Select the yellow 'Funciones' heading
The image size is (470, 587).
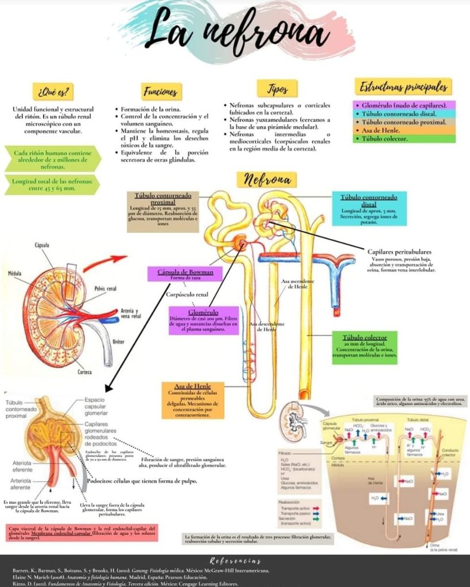pos(160,91)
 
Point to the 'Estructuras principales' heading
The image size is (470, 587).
pos(403,88)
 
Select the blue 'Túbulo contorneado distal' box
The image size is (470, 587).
pos(370,209)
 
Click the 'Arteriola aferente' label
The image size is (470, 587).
pos(20,484)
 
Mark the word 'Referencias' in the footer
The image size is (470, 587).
pos(235,561)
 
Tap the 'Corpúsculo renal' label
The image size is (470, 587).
pos(187,294)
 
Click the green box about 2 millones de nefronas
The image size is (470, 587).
pos(52,159)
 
